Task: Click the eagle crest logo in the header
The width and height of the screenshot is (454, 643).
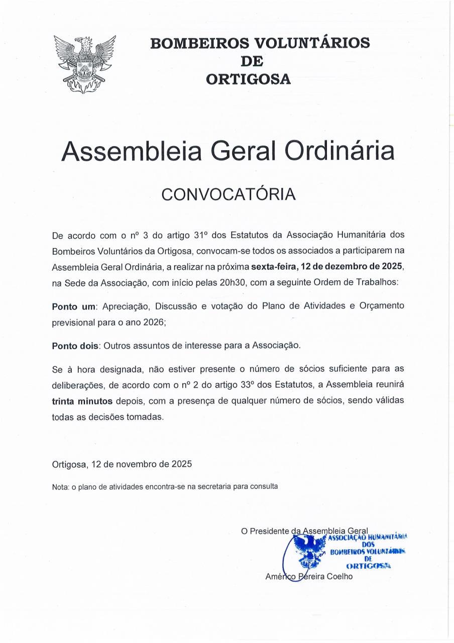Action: (x=85, y=64)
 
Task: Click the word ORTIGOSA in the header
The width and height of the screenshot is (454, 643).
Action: (x=249, y=79)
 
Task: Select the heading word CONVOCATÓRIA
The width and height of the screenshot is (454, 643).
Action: (x=228, y=194)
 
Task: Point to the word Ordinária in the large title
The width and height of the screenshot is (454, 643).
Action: (x=339, y=151)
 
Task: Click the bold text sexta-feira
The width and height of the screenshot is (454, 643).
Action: (x=272, y=266)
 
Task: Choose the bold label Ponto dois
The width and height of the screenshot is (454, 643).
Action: (x=75, y=346)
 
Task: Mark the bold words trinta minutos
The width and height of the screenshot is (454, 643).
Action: (x=83, y=401)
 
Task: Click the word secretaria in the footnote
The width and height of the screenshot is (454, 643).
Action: (x=215, y=486)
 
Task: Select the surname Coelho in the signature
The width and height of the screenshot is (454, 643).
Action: (x=339, y=576)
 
